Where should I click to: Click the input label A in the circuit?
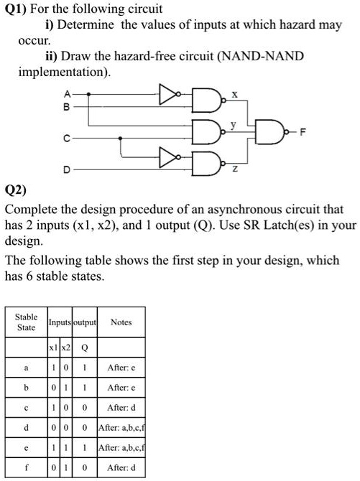tap(67, 94)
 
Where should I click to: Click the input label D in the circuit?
tap(67, 169)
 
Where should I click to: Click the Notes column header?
tap(121, 322)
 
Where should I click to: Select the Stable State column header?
tap(27, 322)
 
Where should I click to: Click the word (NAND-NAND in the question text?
tap(245, 55)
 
